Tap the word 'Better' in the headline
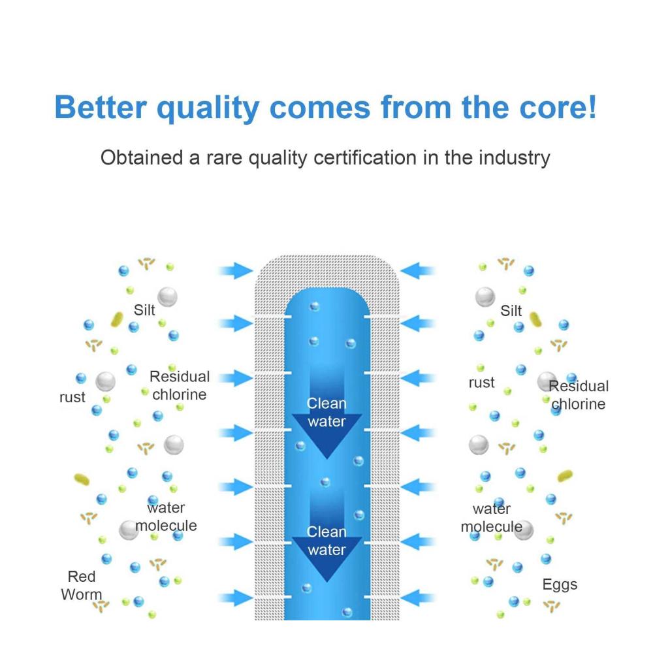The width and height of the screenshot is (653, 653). [x=101, y=108]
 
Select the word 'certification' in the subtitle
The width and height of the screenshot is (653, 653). [x=365, y=158]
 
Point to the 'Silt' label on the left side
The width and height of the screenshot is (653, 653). [x=144, y=310]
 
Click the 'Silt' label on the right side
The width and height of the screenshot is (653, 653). [x=511, y=311]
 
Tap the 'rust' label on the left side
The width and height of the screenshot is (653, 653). [x=72, y=397]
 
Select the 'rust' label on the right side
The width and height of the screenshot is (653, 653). [x=481, y=383]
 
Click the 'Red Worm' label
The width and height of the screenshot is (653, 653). [x=82, y=586]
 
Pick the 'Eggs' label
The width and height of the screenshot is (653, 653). [x=560, y=585]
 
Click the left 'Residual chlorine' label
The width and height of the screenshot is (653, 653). [x=180, y=385]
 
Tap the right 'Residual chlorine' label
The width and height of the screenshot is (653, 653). [x=579, y=395]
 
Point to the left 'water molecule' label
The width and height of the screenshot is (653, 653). [x=166, y=517]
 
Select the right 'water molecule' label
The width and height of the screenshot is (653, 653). [x=492, y=518]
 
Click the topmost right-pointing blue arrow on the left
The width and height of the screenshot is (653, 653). [x=235, y=271]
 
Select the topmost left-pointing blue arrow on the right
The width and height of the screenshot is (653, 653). [x=418, y=271]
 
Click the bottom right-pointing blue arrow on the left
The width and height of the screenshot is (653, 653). [x=235, y=598]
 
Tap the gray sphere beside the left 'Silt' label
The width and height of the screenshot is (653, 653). [x=167, y=297]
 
